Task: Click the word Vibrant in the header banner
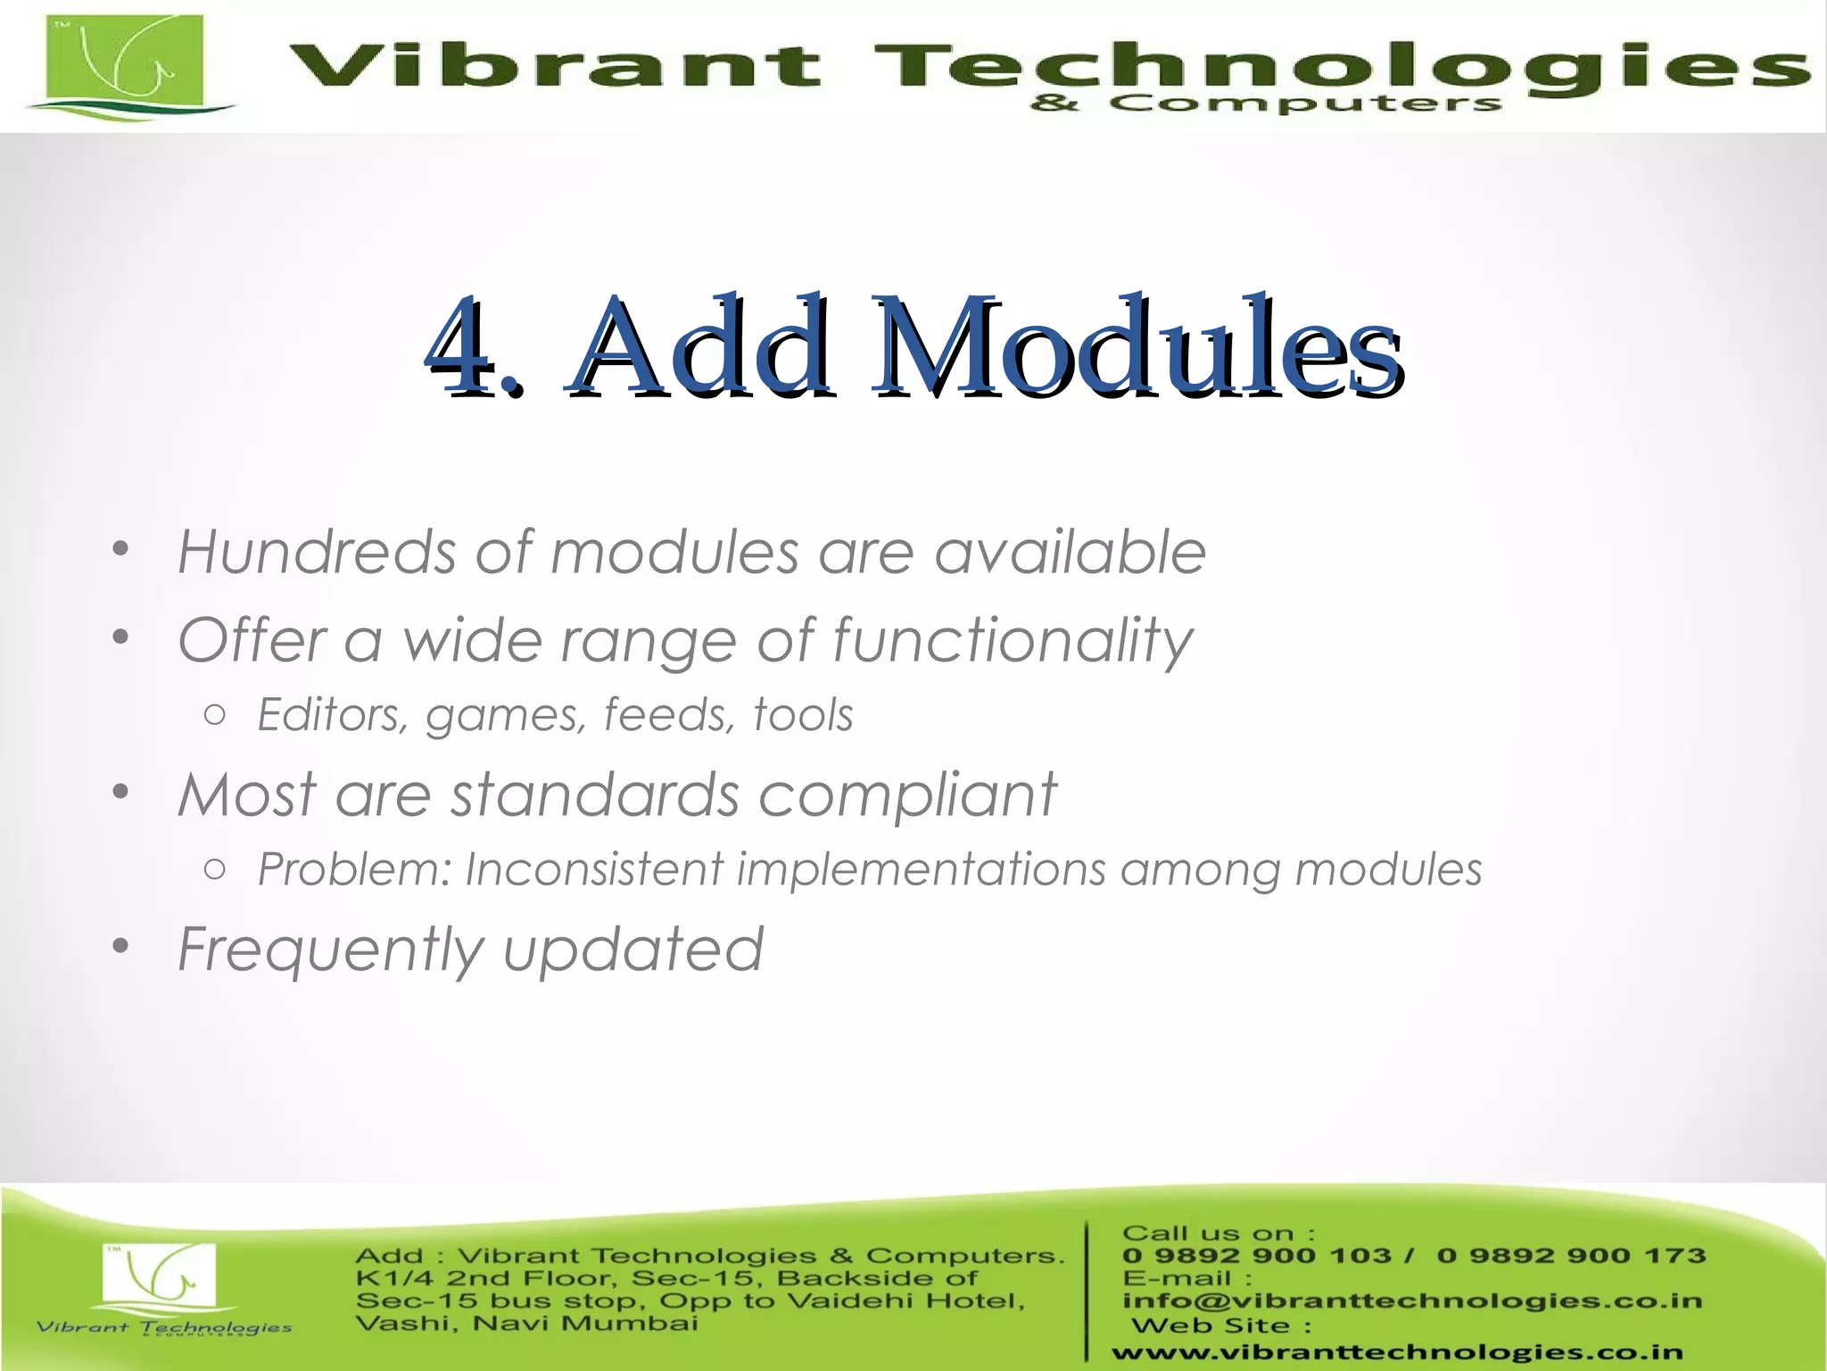tap(553, 68)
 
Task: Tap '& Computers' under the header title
tap(1265, 104)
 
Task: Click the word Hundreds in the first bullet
tap(317, 552)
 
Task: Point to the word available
tap(1070, 552)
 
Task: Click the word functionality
tap(1012, 641)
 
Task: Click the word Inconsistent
tap(594, 869)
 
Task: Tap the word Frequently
tap(330, 950)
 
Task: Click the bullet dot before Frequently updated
tap(121, 946)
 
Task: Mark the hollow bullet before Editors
tap(214, 715)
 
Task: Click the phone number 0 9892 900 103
tap(1256, 1256)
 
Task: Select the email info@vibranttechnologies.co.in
tap(1411, 1301)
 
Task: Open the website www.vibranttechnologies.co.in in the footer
tap(1397, 1353)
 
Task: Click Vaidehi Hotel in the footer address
tap(905, 1300)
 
